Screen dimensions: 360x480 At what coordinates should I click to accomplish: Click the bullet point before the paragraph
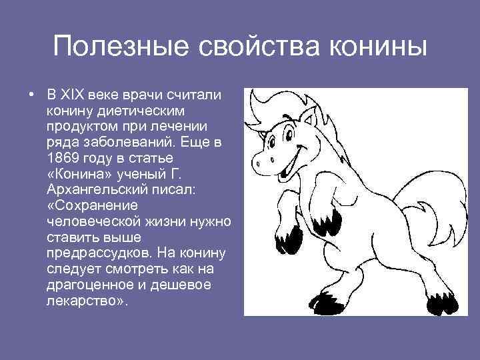[x=31, y=93]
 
